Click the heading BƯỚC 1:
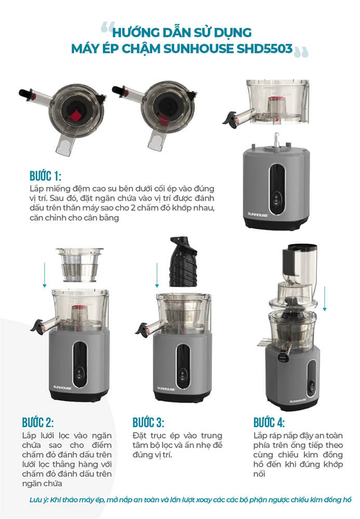45,176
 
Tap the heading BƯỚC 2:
38,422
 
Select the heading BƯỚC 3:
148,422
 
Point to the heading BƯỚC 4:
269,422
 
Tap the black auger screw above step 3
183,262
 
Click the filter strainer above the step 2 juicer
79,265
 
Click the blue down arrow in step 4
325,298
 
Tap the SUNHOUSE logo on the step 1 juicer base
258,214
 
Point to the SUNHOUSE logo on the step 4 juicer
298,401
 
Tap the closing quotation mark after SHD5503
301,52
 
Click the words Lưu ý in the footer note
38,499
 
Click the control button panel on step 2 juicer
79,374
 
